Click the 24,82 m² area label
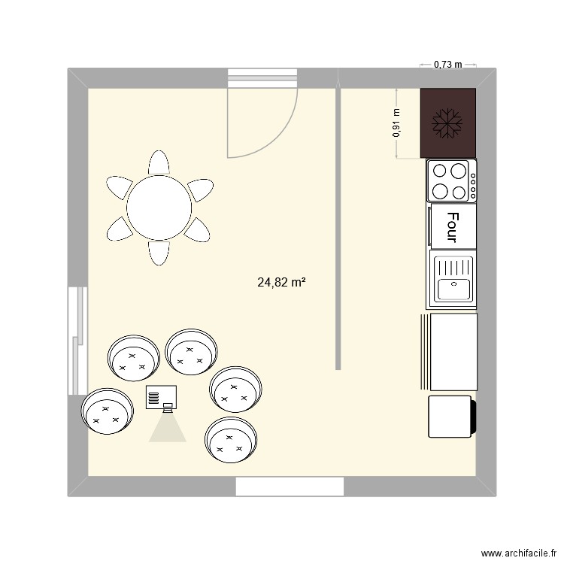click(x=282, y=283)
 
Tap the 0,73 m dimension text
click(x=448, y=65)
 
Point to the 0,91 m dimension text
click(x=396, y=123)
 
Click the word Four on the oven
click(x=453, y=227)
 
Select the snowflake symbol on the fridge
click(x=447, y=124)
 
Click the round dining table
click(x=159, y=208)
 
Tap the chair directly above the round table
click(x=159, y=162)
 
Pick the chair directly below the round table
click(x=159, y=253)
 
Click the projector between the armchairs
click(x=161, y=397)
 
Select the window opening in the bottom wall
click(x=290, y=487)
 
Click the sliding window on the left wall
click(x=78, y=341)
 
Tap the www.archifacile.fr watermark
click(x=519, y=553)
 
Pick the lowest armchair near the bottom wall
click(x=231, y=441)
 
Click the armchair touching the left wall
click(x=108, y=411)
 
